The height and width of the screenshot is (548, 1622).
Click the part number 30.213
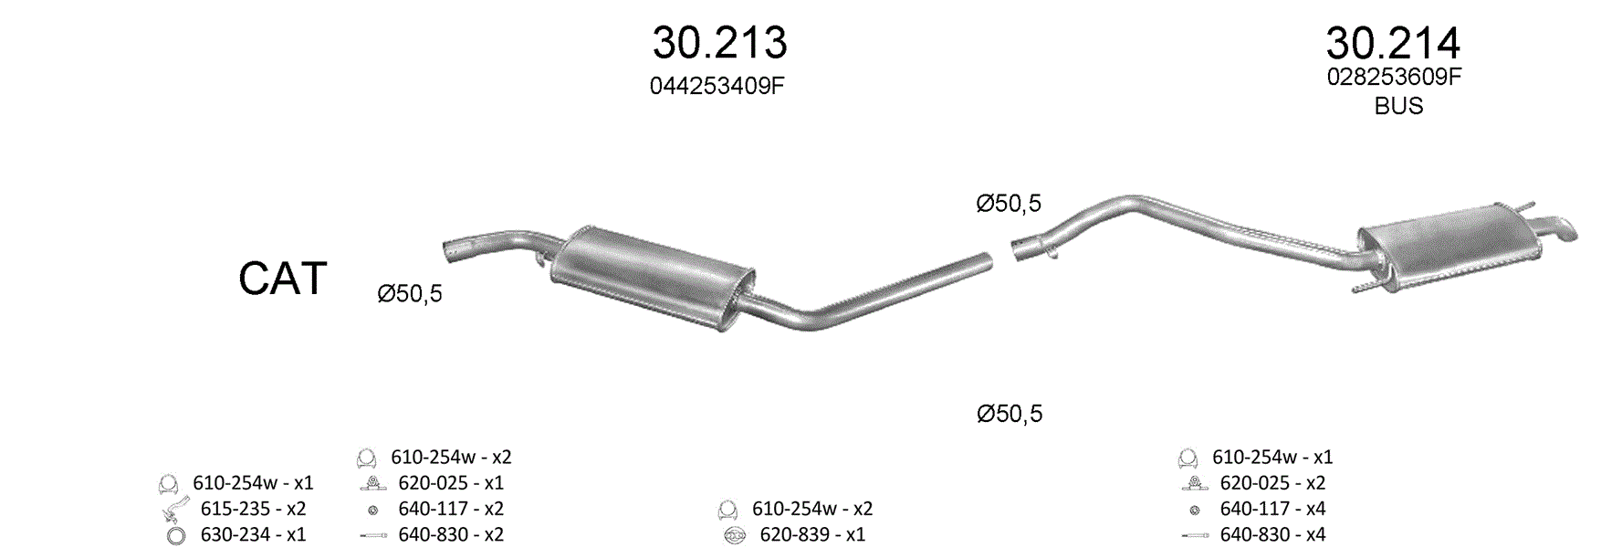[719, 43]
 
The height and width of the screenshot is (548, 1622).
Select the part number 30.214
[1393, 43]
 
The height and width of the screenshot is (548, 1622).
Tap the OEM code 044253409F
[717, 86]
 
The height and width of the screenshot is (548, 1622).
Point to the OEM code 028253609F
[1394, 77]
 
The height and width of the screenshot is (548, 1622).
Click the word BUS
[1398, 106]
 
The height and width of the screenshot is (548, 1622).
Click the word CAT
[283, 279]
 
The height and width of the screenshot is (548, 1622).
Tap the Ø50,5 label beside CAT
[410, 293]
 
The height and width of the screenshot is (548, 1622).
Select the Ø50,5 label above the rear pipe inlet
[1009, 203]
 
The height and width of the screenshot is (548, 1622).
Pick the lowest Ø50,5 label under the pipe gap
[1010, 414]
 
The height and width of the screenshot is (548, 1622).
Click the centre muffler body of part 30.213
[654, 276]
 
